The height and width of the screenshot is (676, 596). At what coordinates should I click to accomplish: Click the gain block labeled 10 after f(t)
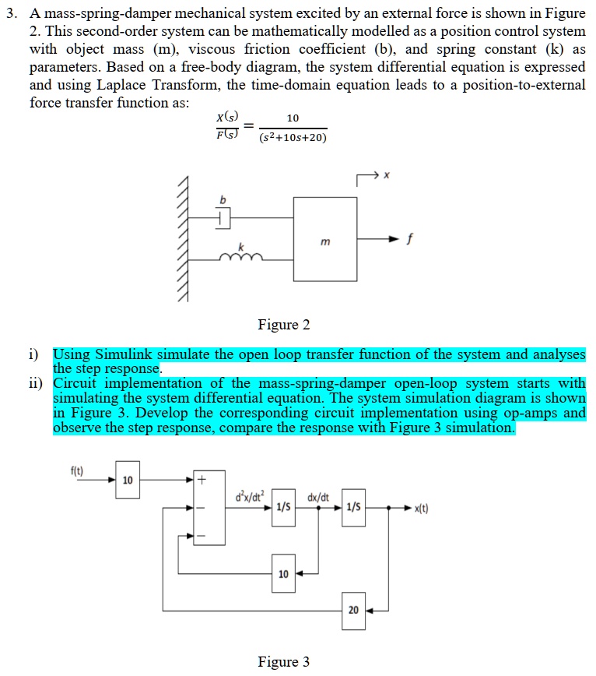coord(128,479)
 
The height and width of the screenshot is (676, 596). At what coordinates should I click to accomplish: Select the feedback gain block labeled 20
coord(353,610)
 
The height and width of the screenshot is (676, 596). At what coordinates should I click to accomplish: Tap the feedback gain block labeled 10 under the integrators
coord(283,574)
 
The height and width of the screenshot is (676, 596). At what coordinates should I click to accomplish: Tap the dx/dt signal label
coord(318,496)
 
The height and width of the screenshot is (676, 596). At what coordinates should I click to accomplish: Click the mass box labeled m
coord(325,238)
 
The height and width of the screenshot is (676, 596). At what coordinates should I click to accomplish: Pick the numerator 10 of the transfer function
coord(292,118)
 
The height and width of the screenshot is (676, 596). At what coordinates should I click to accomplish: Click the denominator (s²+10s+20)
coord(293,138)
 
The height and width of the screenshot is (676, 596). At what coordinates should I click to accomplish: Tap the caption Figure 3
coord(283,661)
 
